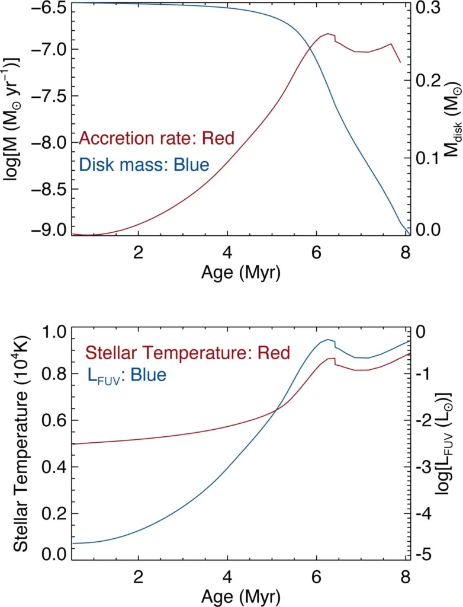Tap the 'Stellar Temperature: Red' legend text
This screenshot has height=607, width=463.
point(188,353)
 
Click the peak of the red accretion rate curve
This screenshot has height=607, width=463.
point(327,34)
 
